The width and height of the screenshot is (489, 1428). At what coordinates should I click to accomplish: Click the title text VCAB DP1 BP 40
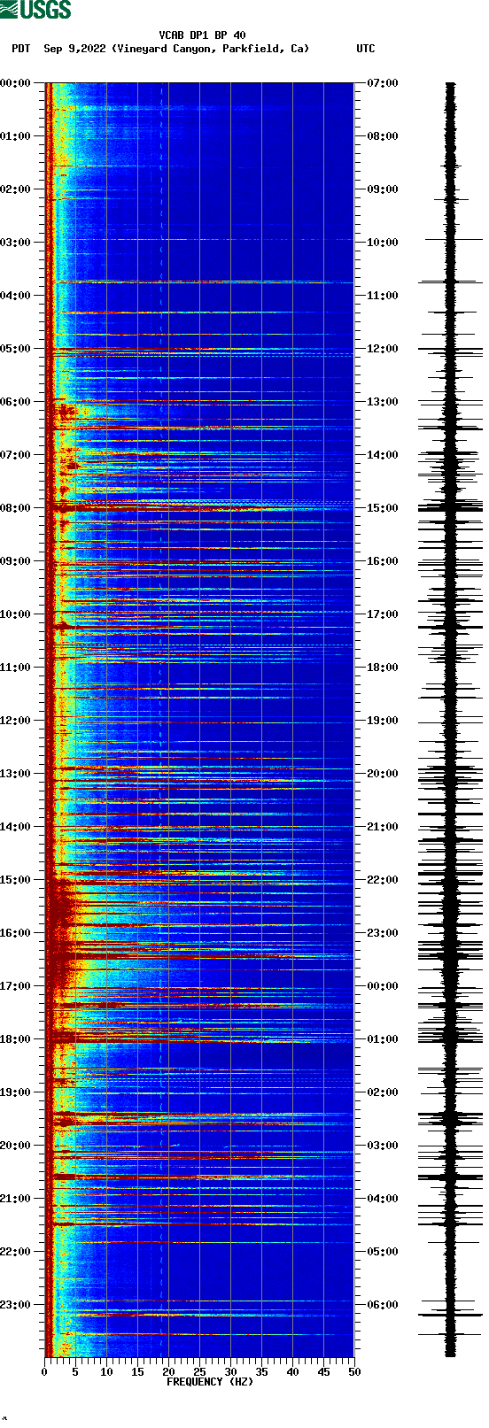point(202,35)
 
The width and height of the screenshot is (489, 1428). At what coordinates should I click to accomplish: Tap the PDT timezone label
point(21,49)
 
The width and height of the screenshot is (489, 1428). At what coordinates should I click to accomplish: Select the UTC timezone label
point(365,49)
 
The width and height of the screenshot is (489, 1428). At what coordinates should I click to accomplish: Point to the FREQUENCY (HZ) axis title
point(209,1382)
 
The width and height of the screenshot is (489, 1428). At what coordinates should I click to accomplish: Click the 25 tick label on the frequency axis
point(199,1372)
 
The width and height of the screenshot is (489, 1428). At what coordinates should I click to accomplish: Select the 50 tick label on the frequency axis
point(354,1372)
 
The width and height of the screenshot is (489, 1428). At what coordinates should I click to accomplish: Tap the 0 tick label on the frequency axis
point(44,1372)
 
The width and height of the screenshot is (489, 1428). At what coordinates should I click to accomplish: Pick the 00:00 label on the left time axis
point(16,83)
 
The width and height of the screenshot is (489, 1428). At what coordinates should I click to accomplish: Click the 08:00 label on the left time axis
point(16,508)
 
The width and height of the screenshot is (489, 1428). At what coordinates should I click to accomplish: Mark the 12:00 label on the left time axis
point(16,721)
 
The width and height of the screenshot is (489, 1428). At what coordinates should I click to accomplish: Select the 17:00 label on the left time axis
point(16,986)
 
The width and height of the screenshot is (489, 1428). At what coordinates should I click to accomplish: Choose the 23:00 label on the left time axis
point(16,1305)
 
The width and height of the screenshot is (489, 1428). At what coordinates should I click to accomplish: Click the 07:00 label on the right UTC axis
point(382,83)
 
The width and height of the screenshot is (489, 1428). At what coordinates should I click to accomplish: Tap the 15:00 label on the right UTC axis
point(382,508)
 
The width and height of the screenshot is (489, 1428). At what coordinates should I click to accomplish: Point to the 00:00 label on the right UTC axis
point(382,986)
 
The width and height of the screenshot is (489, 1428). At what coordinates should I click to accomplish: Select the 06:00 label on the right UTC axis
point(382,1305)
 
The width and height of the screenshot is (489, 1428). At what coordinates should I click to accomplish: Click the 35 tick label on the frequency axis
point(261,1372)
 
